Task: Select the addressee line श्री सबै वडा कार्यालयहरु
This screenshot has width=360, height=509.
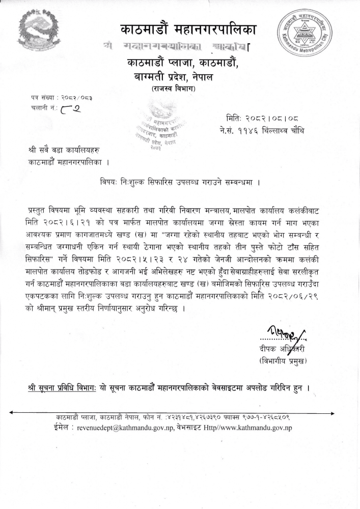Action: pos(64,151)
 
